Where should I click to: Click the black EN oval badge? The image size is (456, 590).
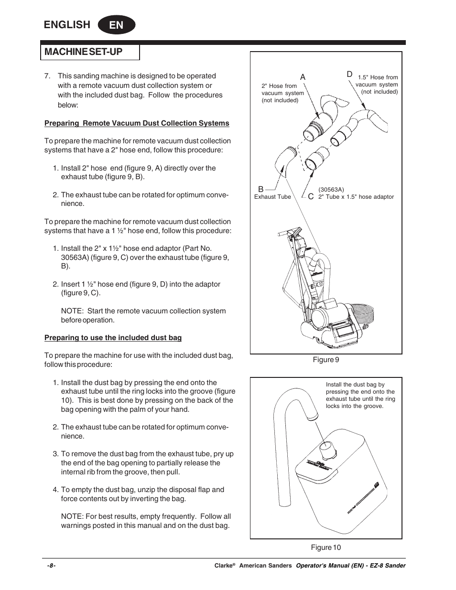coord(116,25)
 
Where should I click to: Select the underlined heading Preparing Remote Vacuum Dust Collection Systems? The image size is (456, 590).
coord(137,123)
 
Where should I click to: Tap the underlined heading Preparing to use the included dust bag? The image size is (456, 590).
coord(113,338)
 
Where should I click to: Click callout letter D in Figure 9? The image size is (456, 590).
coord(349,74)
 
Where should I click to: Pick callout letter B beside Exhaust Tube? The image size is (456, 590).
coord(261,190)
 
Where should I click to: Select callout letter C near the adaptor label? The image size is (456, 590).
coord(311,197)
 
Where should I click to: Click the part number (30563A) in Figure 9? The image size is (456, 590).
coord(331,190)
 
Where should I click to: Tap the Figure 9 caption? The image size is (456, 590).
coord(326,360)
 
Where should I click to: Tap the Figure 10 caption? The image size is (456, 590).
coord(326,547)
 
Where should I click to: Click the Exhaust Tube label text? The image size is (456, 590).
coord(272,197)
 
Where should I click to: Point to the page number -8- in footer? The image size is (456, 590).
coord(51,566)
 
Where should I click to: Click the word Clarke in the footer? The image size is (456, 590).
coord(223,566)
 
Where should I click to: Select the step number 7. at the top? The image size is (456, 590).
coord(47,76)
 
